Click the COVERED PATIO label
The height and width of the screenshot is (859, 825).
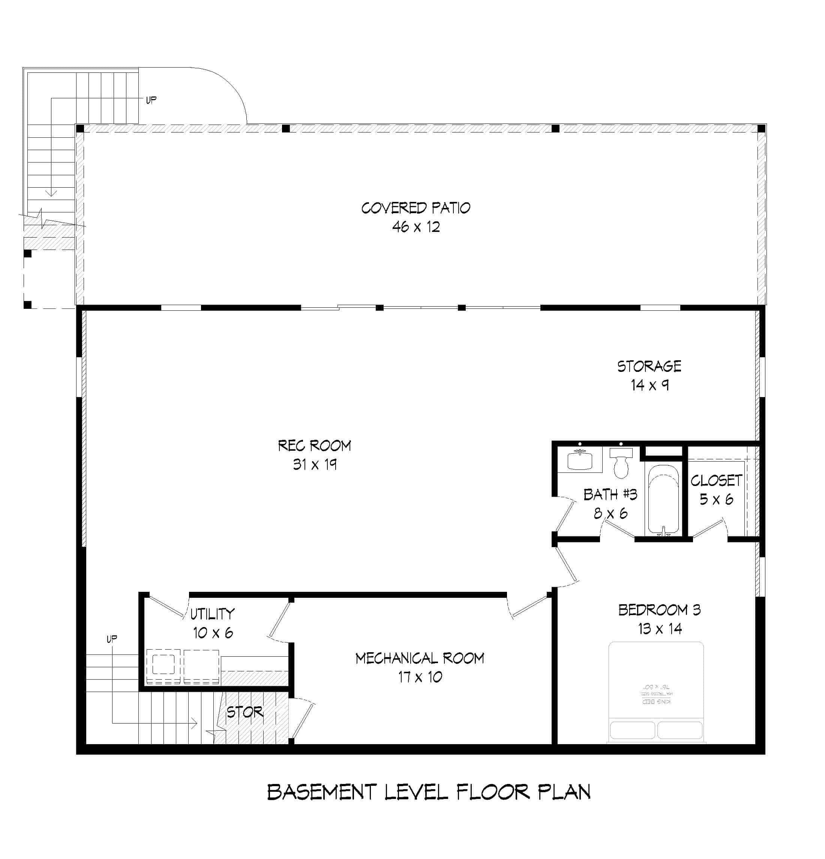pyautogui.click(x=415, y=208)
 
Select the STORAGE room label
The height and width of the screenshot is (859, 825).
pyautogui.click(x=649, y=366)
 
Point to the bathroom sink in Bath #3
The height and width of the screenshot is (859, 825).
pyautogui.click(x=579, y=460)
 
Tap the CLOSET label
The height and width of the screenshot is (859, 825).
pyautogui.click(x=716, y=480)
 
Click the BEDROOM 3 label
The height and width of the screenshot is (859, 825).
pyautogui.click(x=659, y=609)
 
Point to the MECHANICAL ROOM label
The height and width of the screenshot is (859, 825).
pyautogui.click(x=420, y=658)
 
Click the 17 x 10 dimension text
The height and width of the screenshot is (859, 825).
pyautogui.click(x=420, y=677)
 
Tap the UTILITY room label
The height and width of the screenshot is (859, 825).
pyautogui.click(x=212, y=614)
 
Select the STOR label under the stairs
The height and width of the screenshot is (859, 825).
pyautogui.click(x=245, y=712)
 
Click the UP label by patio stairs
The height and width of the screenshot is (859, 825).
pyautogui.click(x=151, y=100)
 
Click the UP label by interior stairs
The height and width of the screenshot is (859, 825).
pyautogui.click(x=112, y=639)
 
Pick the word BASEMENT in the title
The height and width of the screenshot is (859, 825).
pyautogui.click(x=321, y=792)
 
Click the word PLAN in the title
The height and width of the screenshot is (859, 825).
pyautogui.click(x=564, y=792)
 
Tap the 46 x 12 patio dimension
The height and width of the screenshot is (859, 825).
pyautogui.click(x=415, y=227)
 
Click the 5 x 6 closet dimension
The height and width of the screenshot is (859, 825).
pyautogui.click(x=716, y=499)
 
